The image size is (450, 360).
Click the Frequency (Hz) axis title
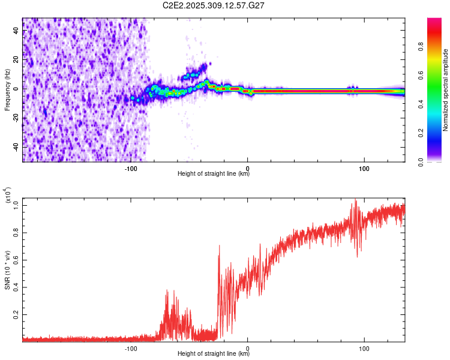8,90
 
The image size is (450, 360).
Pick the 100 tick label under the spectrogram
364,169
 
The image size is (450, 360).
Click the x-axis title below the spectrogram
214,175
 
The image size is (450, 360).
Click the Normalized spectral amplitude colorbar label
445,90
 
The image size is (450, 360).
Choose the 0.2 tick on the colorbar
439,133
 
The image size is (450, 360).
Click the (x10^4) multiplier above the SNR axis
8,196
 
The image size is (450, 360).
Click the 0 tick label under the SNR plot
248,348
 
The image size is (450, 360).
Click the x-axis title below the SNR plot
214,354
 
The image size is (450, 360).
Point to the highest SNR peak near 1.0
356,200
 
